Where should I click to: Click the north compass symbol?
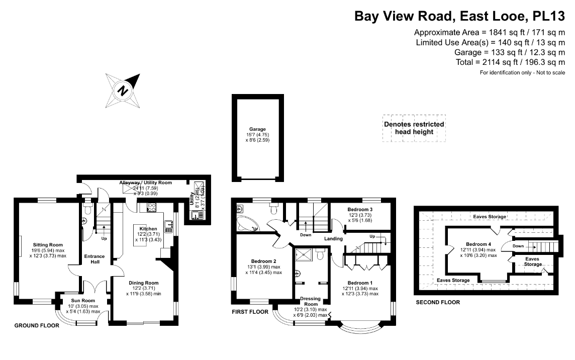123,90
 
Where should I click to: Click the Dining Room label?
144,283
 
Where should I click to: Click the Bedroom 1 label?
360,283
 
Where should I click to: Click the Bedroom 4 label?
478,244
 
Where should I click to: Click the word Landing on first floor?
333,238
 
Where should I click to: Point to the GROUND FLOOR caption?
37,325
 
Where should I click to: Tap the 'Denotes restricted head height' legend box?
414,128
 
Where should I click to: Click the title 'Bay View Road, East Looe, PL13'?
461,17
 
